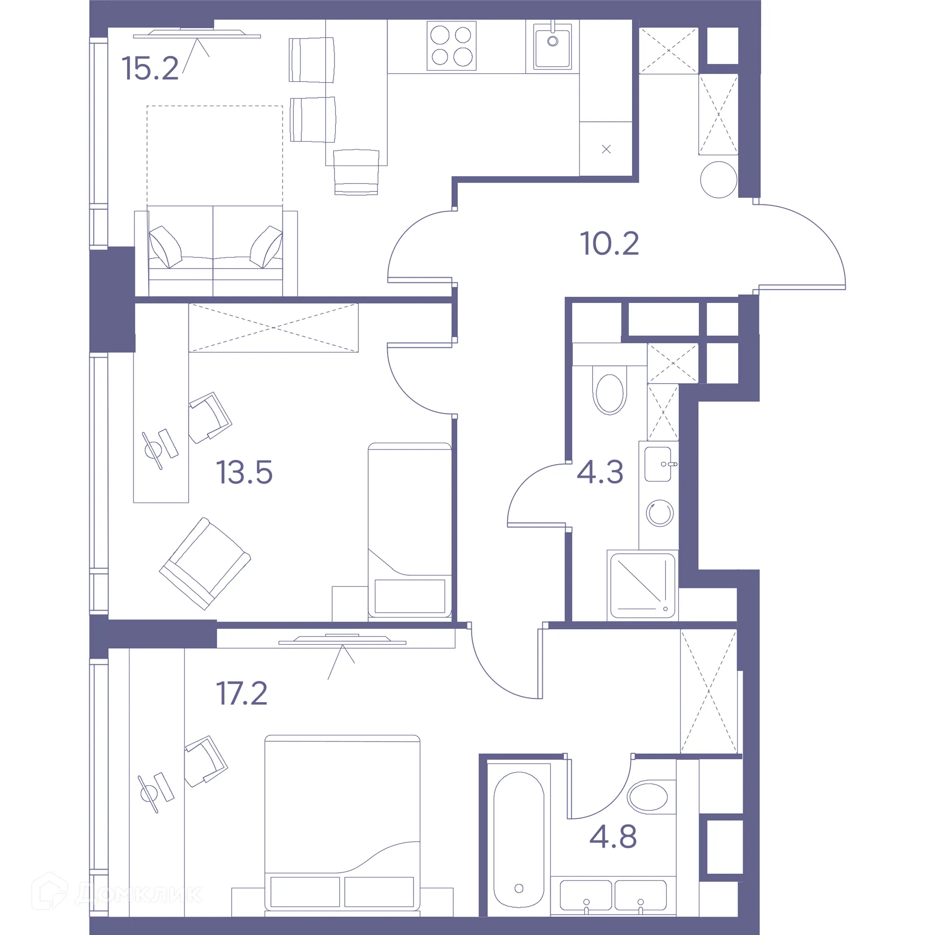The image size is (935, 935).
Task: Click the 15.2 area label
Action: pos(150,68)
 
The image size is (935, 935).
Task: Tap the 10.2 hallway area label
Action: pos(609,243)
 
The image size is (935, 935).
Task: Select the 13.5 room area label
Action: pos(244,472)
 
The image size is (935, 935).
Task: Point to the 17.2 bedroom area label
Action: pos(242,693)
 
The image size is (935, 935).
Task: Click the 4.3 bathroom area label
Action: pos(600,472)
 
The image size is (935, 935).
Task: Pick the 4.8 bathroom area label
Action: pos(613,837)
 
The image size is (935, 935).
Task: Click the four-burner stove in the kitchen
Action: pos(451,46)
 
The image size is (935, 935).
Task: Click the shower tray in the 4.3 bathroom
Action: pos(642,585)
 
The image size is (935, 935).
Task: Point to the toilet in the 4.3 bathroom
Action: pos(609,393)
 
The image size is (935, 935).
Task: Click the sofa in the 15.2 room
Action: pos(215,251)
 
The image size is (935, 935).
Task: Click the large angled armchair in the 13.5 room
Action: pos(205,563)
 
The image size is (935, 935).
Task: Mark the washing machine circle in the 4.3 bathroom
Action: pos(660,513)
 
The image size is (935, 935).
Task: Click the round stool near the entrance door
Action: pos(718,180)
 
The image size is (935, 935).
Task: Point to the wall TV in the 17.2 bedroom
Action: pos(342,641)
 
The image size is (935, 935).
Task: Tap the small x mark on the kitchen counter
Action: pos(606,150)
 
